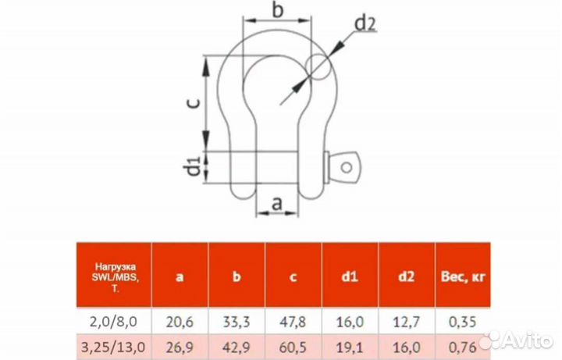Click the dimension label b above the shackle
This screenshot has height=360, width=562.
coord(278,9)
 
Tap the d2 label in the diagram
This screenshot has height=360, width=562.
coord(365,23)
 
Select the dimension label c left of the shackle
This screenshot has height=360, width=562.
coord(194,104)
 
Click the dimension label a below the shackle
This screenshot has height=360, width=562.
coord(277,204)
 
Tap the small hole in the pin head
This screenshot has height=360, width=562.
coord(347,167)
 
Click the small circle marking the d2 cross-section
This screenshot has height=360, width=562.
coord(318,66)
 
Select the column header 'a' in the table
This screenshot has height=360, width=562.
coord(180,276)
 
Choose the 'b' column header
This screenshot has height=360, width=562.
coord(237,276)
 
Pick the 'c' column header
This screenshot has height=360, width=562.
coord(293,276)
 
